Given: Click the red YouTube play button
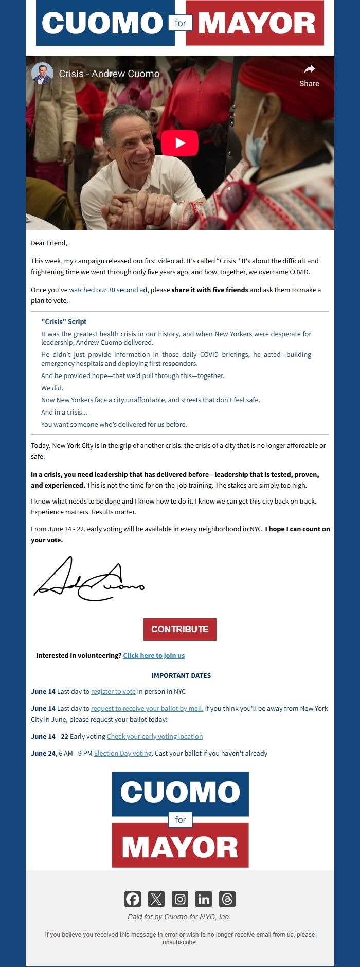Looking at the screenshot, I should [180, 142].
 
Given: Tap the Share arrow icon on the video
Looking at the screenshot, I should [309, 69].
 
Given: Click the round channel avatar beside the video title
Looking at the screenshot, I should [42, 74].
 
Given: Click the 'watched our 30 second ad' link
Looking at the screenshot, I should [108, 290].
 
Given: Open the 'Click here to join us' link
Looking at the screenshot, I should [154, 655].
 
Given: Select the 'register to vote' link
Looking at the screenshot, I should [113, 691].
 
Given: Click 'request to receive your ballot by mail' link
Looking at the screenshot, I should [147, 708].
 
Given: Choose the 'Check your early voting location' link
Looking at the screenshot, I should [155, 736].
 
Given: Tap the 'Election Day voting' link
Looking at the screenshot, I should [123, 753].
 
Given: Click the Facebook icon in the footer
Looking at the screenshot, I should [133, 899].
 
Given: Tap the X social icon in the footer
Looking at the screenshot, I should [156, 899].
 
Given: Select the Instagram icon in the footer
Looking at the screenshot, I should [180, 899].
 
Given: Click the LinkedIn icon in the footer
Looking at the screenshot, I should [204, 899].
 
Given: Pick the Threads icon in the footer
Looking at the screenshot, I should [227, 899].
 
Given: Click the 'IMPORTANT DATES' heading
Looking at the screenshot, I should [181, 675].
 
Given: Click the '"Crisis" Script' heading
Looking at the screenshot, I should [64, 321].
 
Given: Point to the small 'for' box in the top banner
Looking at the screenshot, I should [180, 23].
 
